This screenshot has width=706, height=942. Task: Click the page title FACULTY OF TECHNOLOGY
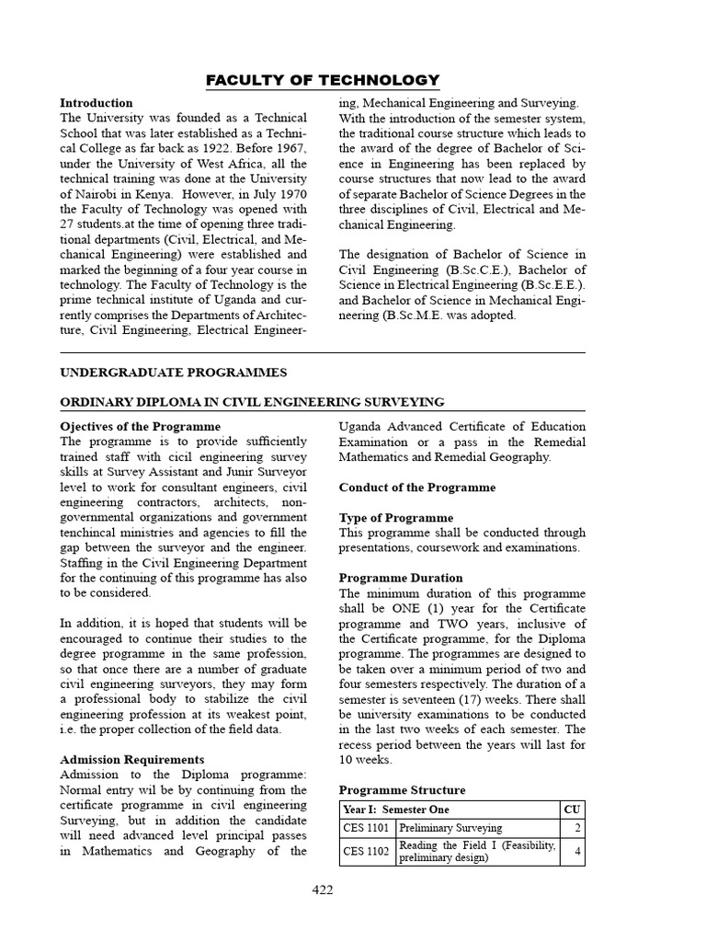point(322,80)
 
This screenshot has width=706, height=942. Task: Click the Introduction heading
point(97,103)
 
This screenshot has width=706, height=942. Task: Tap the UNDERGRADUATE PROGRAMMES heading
point(173,373)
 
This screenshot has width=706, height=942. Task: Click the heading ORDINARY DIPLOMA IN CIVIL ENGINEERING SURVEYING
point(252,402)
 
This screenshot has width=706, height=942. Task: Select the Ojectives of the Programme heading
point(140,427)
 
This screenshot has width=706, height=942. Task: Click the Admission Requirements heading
point(132,760)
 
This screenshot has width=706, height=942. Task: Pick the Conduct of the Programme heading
point(417,488)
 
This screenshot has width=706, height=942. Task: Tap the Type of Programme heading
point(396,518)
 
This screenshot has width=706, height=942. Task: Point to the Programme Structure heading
point(402,790)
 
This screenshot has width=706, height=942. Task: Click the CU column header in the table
point(572,810)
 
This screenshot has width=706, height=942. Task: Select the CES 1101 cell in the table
point(366,829)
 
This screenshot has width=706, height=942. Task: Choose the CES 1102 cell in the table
point(366,852)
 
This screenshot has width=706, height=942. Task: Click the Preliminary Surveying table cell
point(450,829)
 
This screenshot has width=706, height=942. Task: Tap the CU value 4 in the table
point(577,852)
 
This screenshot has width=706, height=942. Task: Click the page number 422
point(322,890)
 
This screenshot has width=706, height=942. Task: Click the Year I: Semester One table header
point(397,810)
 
